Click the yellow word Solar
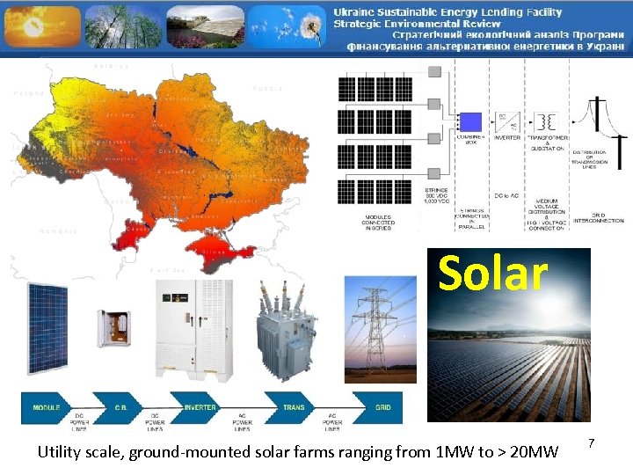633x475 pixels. [492, 274]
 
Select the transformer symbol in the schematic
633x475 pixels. [547, 121]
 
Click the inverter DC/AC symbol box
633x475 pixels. [508, 121]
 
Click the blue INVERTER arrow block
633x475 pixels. [200, 408]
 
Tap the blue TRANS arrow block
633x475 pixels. [295, 408]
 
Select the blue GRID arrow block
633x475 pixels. [382, 408]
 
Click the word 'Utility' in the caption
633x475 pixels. [60, 452]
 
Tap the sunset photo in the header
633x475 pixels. [39, 26]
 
